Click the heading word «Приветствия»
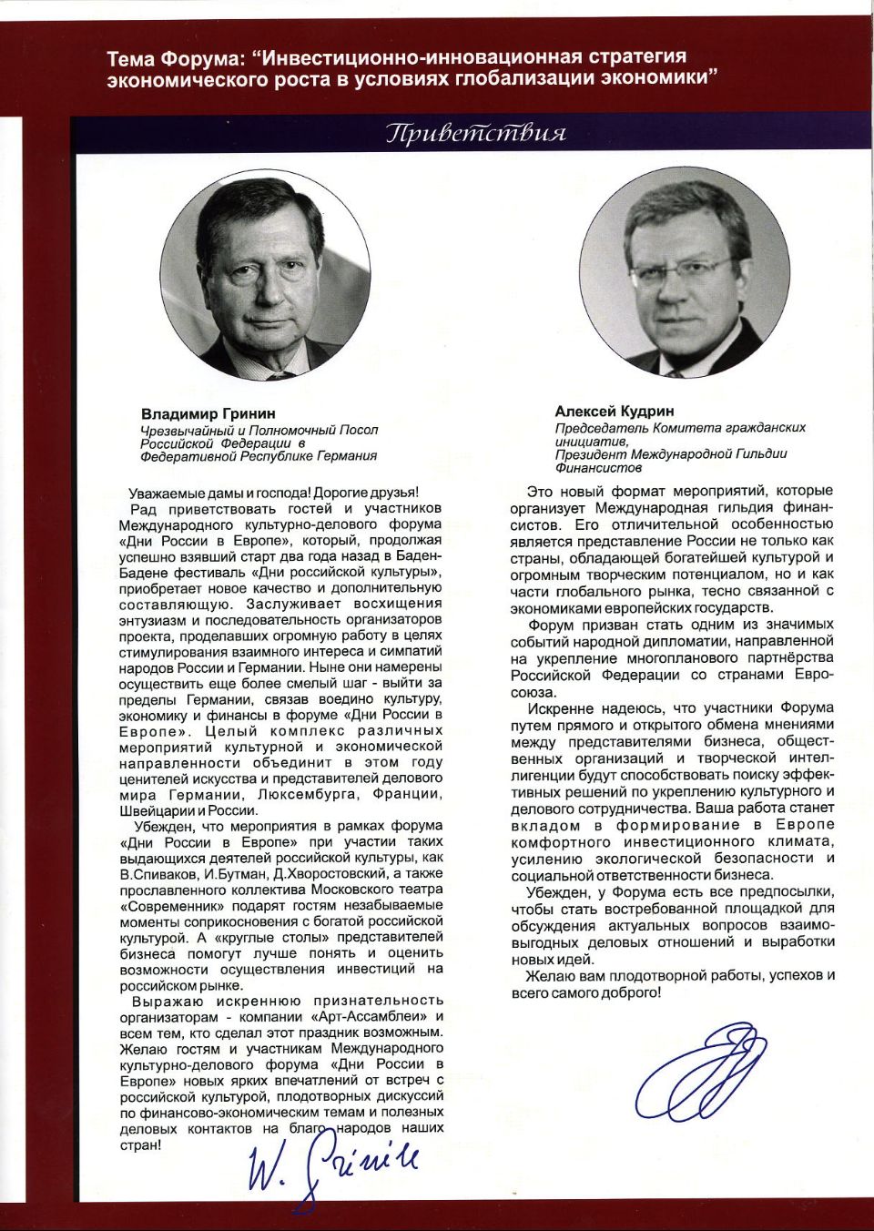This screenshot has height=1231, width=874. pyautogui.click(x=476, y=135)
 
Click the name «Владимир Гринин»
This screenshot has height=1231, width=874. pyautogui.click(x=208, y=412)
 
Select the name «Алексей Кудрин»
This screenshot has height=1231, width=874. pyautogui.click(x=615, y=412)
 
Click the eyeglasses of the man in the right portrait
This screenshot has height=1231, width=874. pyautogui.click(x=682, y=271)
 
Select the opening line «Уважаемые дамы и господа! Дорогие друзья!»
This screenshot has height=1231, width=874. pyautogui.click(x=273, y=493)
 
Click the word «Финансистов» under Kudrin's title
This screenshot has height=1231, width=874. pyautogui.click(x=598, y=468)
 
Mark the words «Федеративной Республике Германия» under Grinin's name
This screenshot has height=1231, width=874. pyautogui.click(x=259, y=456)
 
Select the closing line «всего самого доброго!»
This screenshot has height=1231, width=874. pyautogui.click(x=585, y=992)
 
